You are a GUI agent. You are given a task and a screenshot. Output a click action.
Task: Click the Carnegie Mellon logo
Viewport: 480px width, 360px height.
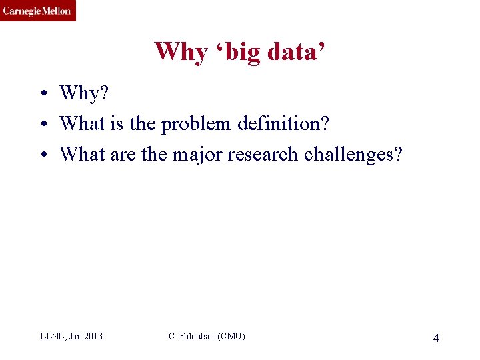[37, 11]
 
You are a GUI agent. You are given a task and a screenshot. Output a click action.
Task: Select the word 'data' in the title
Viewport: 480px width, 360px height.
[296, 51]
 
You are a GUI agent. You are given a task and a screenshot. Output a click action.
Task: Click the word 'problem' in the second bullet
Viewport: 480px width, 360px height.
[193, 124]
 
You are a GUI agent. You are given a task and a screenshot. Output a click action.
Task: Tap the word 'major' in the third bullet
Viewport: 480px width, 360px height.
[197, 154]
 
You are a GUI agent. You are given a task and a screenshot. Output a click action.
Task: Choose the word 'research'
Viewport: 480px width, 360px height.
[263, 154]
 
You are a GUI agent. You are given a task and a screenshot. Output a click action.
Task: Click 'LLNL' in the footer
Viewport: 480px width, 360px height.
[51, 337]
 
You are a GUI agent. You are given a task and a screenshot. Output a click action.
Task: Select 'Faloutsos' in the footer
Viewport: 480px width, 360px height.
[198, 337]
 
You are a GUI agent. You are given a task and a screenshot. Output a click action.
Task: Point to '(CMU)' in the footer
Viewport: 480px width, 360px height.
[233, 337]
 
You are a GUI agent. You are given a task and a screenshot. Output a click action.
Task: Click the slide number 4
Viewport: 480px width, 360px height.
[435, 338]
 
